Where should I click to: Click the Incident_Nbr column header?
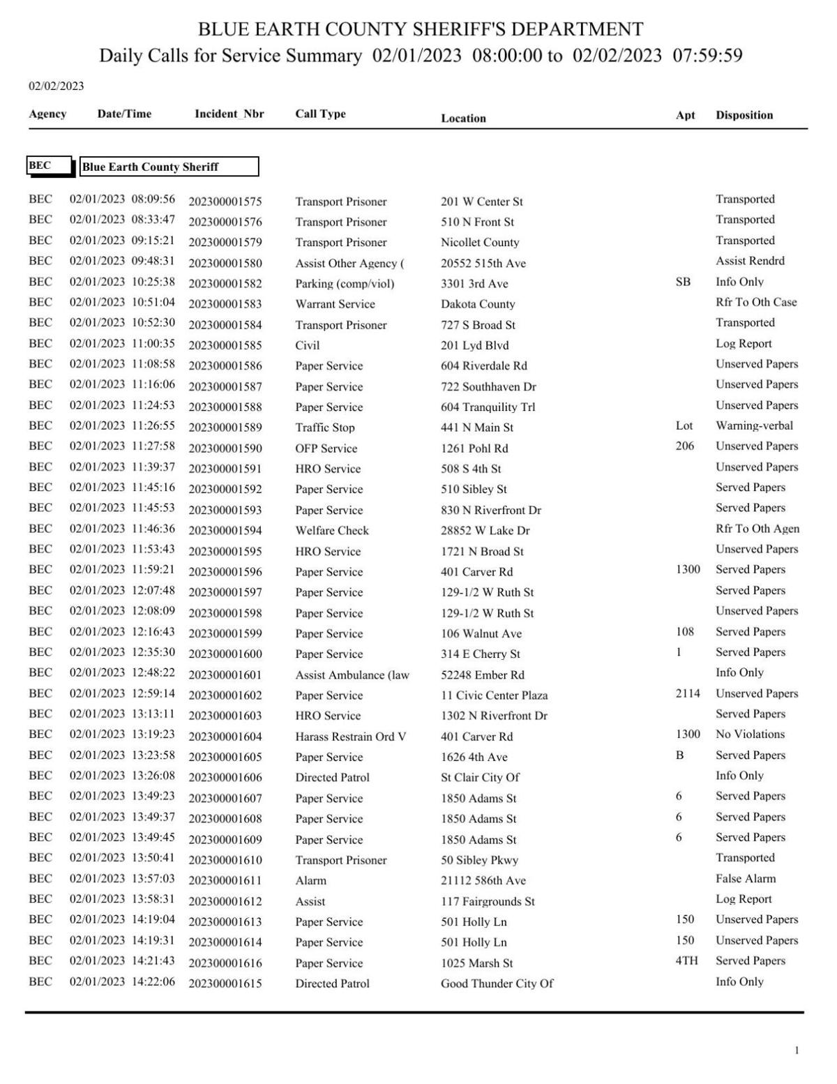229,114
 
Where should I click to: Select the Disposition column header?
744,115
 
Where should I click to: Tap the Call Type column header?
320,114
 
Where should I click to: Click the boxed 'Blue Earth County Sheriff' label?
169,167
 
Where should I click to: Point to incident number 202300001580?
225,264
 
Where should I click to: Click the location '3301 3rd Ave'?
474,284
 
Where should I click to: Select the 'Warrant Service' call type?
335,304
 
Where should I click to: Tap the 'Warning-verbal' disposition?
754,426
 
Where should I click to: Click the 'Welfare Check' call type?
332,530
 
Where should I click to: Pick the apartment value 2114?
688,693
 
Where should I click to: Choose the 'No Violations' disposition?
750,734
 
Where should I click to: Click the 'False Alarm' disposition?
745,878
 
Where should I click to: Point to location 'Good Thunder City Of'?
497,984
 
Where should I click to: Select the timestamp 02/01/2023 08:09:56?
122,199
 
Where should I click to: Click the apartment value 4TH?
686,961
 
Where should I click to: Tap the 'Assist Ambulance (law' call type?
352,675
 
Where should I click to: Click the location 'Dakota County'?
478,304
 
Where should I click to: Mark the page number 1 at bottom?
797,1050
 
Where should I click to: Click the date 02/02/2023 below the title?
56,86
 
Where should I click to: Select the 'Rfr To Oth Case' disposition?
756,302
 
